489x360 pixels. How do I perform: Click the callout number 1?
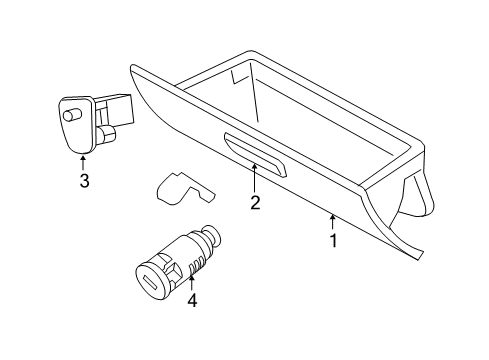click(x=334, y=240)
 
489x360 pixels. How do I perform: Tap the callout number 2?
click(x=255, y=203)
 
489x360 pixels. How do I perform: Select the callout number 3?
click(x=84, y=180)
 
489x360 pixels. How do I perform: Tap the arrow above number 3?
click(x=84, y=160)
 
